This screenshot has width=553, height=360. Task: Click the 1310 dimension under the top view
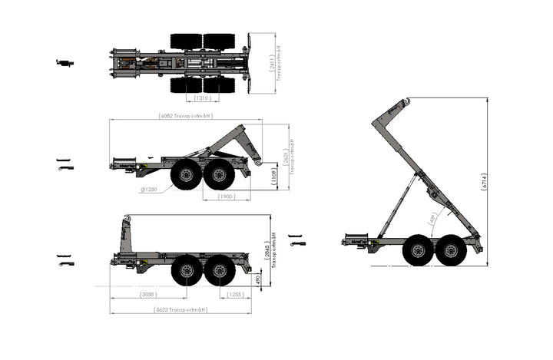click(x=203, y=98)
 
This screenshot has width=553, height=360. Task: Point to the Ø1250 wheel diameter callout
click(x=150, y=190)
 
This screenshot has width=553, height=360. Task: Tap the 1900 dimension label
click(x=226, y=197)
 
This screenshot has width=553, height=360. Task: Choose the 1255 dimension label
click(x=235, y=295)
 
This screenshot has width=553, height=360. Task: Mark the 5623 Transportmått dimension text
click(x=180, y=310)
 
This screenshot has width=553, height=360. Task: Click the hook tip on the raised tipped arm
click(x=407, y=102)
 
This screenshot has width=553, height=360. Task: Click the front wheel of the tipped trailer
click(x=418, y=250)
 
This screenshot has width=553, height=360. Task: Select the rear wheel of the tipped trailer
click(x=451, y=250)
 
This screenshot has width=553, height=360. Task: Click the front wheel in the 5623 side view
click(x=187, y=270)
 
